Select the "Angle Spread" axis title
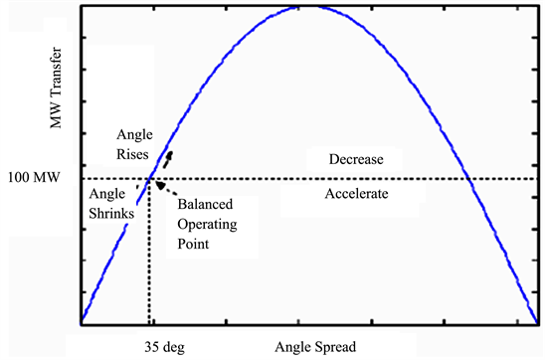point(317,347)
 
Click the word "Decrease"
point(356,159)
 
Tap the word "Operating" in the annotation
point(208,225)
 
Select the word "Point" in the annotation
point(193,244)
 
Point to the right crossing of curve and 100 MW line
point(467,179)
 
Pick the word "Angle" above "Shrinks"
point(105,194)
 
